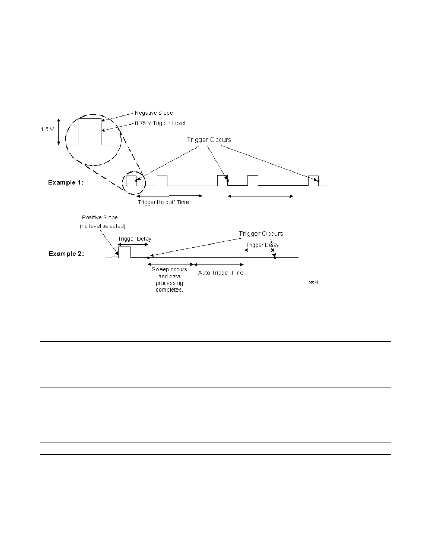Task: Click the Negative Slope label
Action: point(154,113)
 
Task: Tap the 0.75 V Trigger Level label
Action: point(160,123)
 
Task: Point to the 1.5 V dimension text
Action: point(47,129)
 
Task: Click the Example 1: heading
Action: point(66,182)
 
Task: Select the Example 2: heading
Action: point(66,254)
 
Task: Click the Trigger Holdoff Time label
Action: point(163,202)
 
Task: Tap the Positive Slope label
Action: point(100,217)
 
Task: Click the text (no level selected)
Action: point(103,226)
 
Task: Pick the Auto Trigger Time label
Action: point(221,273)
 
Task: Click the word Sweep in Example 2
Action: point(160,269)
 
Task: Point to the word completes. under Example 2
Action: point(169,290)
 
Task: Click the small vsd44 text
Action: point(314,282)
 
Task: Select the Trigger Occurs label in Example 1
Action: point(209,139)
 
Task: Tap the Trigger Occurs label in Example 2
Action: point(261,234)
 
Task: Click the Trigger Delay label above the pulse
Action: point(135,239)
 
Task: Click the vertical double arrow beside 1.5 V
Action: point(58,131)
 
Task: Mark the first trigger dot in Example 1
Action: point(136,181)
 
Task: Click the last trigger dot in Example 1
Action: point(318,181)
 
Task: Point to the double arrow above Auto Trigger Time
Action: point(219,265)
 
